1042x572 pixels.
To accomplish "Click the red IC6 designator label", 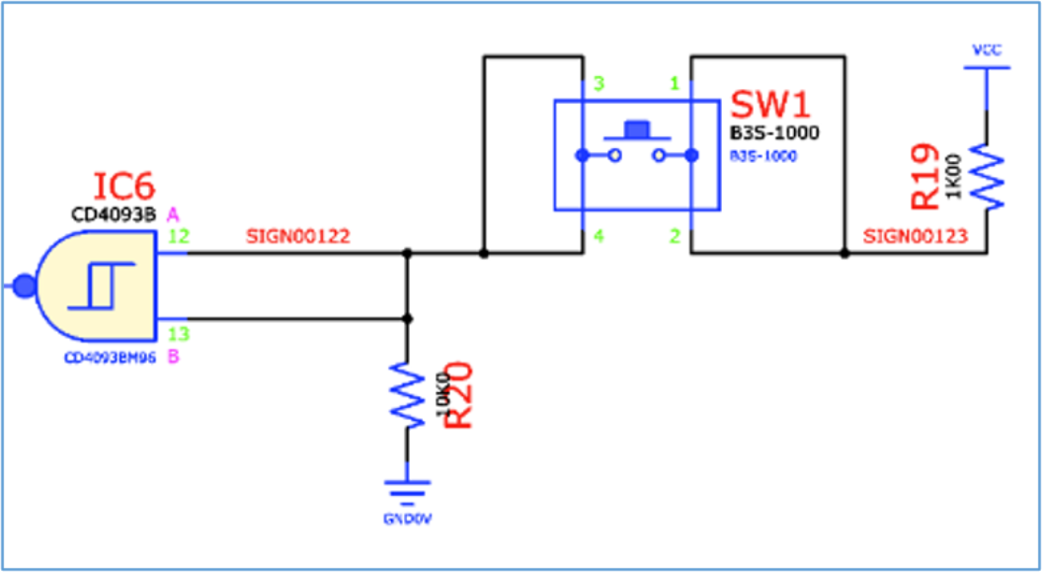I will pos(124,187).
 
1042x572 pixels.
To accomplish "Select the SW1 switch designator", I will pos(768,106).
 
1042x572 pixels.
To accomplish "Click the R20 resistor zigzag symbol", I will pos(406,394).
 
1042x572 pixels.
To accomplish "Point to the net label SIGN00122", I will pos(298,237).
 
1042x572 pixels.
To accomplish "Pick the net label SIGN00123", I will pos(914,237).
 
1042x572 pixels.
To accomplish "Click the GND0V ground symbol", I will pos(406,490).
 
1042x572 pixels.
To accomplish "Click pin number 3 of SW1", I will pos(598,85).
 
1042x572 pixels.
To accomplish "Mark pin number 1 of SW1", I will pos(675,85).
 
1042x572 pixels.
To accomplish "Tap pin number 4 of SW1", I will pos(598,236).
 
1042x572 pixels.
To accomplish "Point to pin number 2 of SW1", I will pos(675,236).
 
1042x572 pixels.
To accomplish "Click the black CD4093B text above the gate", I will pos(114,213).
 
